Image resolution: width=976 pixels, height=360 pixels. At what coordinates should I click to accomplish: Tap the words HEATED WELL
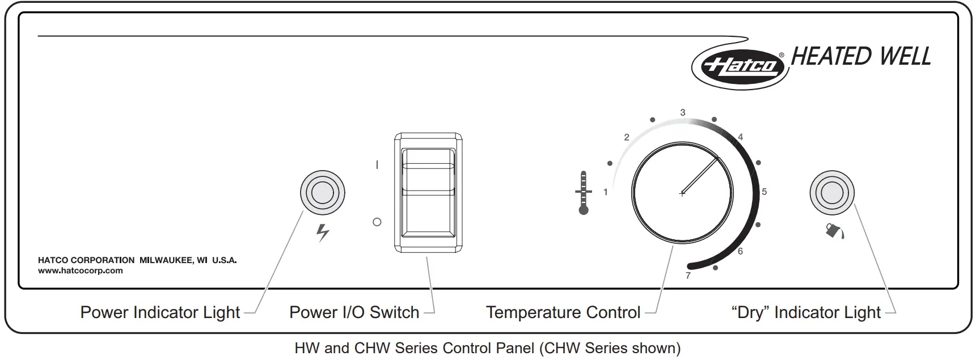click(x=860, y=56)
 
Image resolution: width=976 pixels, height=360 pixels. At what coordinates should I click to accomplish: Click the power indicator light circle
click(x=322, y=193)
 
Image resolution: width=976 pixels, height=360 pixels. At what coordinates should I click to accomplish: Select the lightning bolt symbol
click(x=323, y=232)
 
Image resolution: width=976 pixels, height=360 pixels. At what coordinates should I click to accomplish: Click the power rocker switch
click(x=428, y=193)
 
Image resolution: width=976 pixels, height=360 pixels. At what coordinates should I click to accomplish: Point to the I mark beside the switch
click(x=377, y=165)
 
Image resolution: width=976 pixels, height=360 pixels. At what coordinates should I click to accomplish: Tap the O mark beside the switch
click(x=377, y=222)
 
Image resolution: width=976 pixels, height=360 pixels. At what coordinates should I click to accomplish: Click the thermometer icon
click(x=583, y=193)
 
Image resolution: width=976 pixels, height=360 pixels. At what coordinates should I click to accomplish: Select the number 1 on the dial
click(x=606, y=192)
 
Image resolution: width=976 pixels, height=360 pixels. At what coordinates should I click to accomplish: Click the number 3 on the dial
click(x=683, y=112)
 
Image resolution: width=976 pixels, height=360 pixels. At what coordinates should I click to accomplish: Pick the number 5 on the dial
click(x=764, y=192)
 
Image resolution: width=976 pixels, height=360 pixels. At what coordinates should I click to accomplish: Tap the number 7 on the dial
click(x=688, y=276)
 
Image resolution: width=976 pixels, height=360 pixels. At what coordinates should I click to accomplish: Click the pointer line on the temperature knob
click(x=701, y=175)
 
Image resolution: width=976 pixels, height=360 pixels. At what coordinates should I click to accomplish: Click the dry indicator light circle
click(x=831, y=193)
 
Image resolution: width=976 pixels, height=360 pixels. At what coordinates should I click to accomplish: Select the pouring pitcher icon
click(x=834, y=230)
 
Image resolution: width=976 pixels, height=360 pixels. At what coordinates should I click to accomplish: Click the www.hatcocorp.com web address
click(x=81, y=270)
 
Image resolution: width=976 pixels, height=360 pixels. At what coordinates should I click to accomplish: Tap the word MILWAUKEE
click(x=166, y=260)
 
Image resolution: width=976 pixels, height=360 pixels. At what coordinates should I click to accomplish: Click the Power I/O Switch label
click(x=354, y=312)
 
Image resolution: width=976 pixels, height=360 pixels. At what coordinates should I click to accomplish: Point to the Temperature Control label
click(x=563, y=312)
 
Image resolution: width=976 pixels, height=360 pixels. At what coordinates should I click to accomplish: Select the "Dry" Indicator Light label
click(x=806, y=312)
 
